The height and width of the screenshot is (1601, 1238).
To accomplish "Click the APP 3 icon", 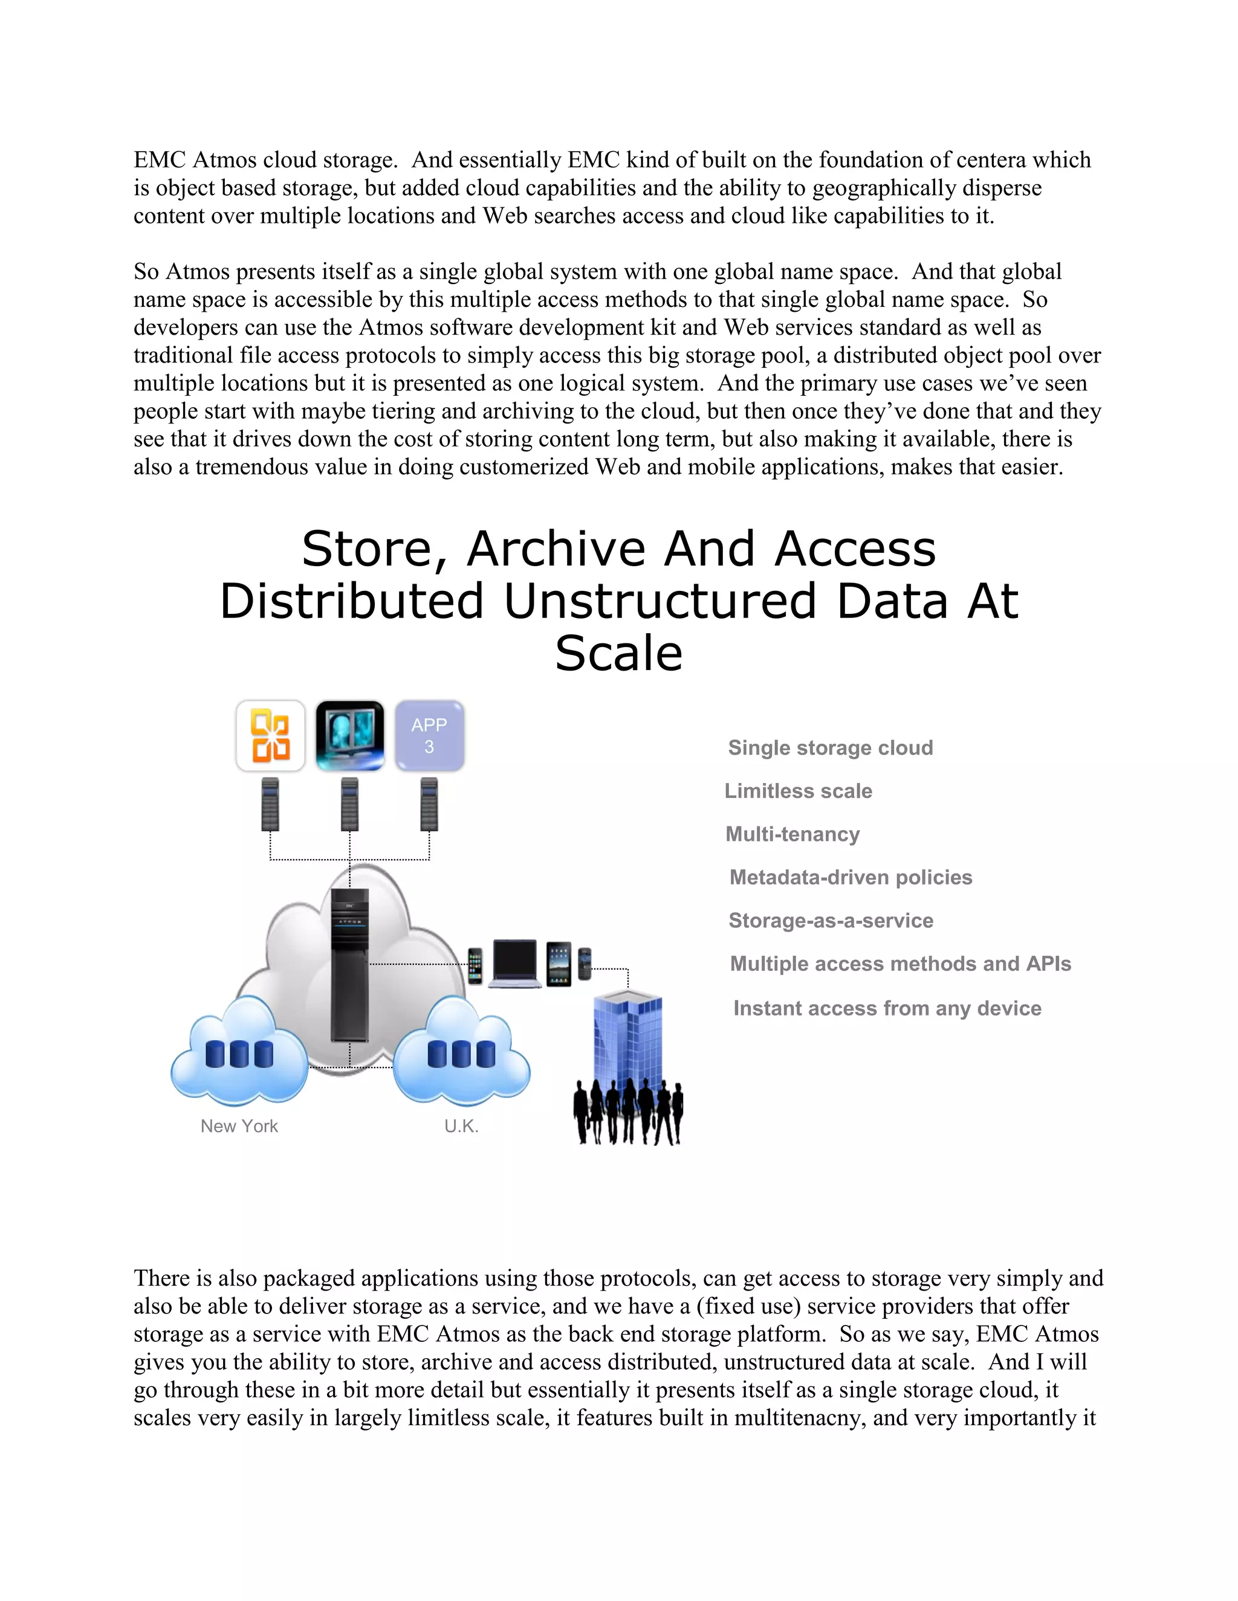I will click(429, 735).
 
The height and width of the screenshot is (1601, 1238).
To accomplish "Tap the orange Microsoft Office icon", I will click(270, 735).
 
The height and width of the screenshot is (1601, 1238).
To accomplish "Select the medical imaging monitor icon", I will click(350, 735).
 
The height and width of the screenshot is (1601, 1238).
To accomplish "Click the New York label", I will click(239, 1126).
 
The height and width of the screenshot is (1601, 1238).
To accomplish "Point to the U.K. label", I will click(461, 1126).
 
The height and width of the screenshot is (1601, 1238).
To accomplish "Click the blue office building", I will click(628, 1041).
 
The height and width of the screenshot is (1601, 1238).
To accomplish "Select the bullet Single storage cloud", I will click(830, 748).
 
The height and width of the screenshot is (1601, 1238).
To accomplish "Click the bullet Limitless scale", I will click(798, 791).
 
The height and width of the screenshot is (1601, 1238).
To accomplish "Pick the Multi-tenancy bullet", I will click(792, 834).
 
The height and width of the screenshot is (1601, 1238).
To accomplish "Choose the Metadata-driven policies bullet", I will click(851, 877).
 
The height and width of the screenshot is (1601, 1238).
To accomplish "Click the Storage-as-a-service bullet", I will click(830, 921).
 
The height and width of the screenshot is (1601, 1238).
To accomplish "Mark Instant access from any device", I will click(887, 1009).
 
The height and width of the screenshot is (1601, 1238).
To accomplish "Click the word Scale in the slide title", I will click(618, 653).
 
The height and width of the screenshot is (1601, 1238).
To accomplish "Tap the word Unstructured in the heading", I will click(660, 601).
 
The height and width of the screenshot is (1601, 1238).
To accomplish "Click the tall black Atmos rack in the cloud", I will click(350, 964).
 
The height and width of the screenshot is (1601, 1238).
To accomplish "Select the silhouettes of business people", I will click(628, 1113).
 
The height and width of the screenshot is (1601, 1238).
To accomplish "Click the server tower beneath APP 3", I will click(429, 804).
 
